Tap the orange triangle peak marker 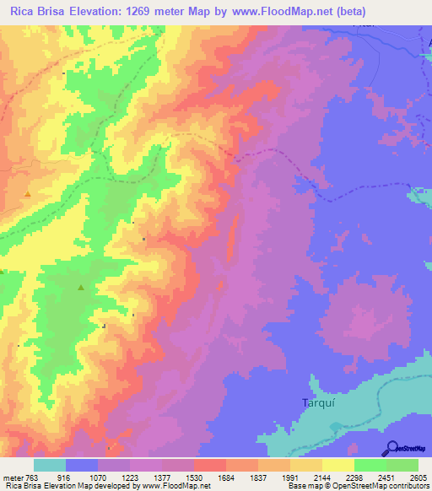[28, 193]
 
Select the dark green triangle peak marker [81, 288]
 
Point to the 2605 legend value [418, 477]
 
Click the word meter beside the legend [12, 477]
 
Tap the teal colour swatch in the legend [50, 465]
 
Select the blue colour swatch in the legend [82, 465]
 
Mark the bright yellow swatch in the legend [338, 465]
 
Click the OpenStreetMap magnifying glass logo [391, 448]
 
